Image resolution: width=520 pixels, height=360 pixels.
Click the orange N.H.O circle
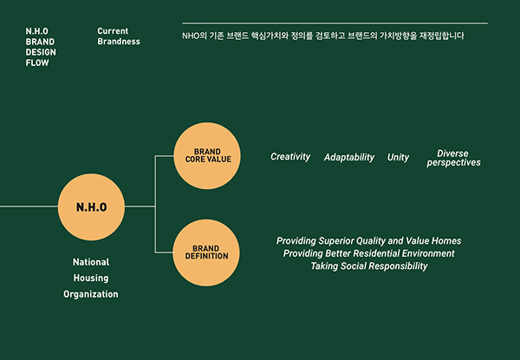pyautogui.click(x=91, y=207)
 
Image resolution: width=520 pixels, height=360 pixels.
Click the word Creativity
pyautogui.click(x=290, y=157)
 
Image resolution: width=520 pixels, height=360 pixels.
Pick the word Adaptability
pyautogui.click(x=349, y=158)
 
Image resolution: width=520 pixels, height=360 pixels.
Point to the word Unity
pyautogui.click(x=399, y=158)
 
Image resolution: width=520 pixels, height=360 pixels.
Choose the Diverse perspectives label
pyautogui.click(x=453, y=158)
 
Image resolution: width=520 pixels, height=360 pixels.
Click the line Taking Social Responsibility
pyautogui.click(x=369, y=266)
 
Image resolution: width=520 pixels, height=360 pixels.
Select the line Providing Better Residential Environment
pyautogui.click(x=369, y=253)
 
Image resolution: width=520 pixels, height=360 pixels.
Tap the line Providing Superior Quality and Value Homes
pyautogui.click(x=369, y=240)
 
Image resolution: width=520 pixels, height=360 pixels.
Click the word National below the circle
pyautogui.click(x=91, y=261)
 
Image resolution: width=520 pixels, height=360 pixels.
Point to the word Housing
pyautogui.click(x=91, y=278)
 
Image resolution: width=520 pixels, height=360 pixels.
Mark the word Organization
pyautogui.click(x=91, y=294)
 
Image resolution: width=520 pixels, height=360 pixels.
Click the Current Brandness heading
pyautogui.click(x=119, y=36)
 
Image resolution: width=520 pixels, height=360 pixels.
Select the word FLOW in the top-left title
pyautogui.click(x=37, y=62)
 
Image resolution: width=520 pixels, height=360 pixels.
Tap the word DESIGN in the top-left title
pyautogui.click(x=41, y=52)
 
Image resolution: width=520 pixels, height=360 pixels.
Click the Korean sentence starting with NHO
pyautogui.click(x=323, y=36)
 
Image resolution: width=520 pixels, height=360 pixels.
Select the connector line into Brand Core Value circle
pyautogui.click(x=165, y=157)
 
